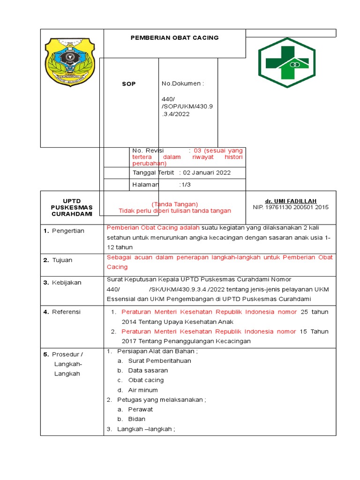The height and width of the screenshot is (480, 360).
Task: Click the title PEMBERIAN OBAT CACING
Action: pos(174,37)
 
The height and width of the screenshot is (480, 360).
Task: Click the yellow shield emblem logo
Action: pos(70,62)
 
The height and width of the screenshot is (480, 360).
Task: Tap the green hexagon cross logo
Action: pos(287,62)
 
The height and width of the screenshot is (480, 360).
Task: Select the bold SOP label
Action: pos(129,84)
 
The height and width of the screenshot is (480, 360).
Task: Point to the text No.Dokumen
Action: pos(183,83)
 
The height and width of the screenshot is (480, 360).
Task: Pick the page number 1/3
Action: pos(185,185)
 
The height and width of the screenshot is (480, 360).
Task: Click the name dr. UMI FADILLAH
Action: pos(291,201)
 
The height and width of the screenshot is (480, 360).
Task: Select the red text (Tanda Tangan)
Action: pos(175,204)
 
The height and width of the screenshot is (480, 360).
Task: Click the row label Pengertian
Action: pos(68,231)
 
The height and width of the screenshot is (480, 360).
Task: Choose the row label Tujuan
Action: pos(62,260)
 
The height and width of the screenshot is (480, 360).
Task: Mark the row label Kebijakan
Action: pos(67,283)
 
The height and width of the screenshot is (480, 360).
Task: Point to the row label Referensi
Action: pos(66,312)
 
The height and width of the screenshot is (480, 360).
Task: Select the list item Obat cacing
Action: pos(146,380)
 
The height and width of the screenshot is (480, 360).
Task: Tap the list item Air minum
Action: pos(143,390)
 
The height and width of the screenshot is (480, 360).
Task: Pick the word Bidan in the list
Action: pos(137,419)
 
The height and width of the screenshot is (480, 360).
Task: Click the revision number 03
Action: pos(197,151)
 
